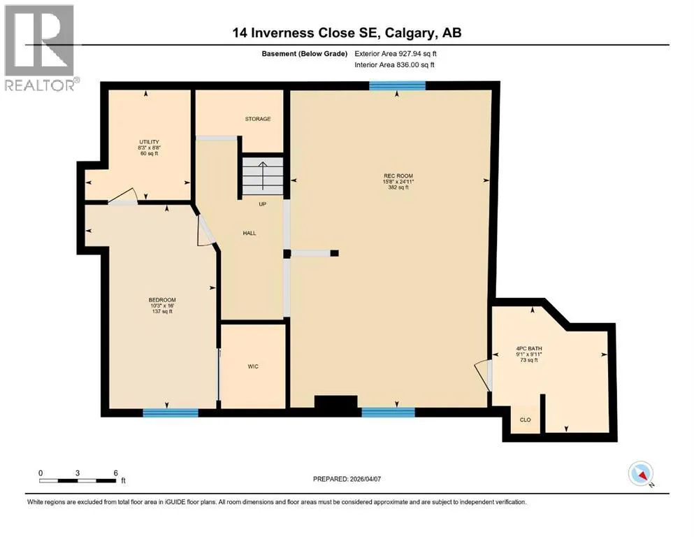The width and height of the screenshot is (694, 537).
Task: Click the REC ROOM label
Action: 398,176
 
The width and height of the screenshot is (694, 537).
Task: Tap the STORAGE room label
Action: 258,119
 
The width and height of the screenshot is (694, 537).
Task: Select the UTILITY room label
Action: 149,142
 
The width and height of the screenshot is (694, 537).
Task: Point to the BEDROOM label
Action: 162,300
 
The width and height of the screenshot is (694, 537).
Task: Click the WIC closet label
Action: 253,366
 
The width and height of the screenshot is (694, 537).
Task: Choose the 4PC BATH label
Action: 529,348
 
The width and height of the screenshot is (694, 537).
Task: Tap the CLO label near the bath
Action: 526,420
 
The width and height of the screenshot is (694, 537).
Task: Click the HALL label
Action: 250,233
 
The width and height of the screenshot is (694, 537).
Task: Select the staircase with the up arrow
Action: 263,176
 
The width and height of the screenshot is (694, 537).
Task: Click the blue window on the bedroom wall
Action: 171,413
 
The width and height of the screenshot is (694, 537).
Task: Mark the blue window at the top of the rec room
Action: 398,85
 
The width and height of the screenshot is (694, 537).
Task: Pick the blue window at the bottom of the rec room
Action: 388,413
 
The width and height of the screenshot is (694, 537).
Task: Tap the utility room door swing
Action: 124,196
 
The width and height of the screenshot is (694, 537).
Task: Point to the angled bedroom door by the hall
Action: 205,230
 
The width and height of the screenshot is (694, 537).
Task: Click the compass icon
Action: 641,473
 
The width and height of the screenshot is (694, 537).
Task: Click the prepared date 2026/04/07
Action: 347,479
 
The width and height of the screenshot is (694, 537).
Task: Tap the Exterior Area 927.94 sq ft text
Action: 396,54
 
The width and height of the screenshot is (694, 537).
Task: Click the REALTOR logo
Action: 40,48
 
